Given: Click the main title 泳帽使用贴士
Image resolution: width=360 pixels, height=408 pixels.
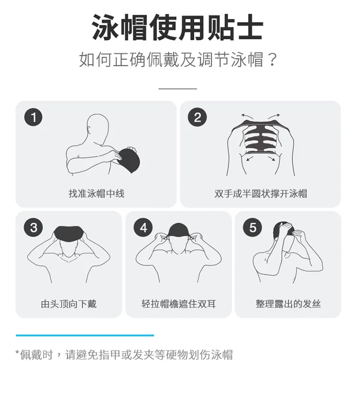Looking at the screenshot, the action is tap(178, 27).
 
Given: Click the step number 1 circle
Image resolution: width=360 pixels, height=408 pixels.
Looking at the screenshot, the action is tap(34, 117).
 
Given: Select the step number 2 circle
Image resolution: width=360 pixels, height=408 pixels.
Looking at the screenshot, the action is tap(197, 117).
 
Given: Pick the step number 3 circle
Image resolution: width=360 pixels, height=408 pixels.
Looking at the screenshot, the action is tap(34, 228).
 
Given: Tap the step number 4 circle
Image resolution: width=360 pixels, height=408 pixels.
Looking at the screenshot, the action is tap(144, 228).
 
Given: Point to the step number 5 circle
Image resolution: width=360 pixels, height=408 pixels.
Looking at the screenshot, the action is tap(252, 228).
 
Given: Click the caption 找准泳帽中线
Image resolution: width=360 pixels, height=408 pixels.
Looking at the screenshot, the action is tap(96, 193).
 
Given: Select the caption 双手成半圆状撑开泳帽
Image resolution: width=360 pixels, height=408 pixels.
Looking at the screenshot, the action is tap(261, 193).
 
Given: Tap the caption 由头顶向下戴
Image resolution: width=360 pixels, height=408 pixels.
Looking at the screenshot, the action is tap(69, 304).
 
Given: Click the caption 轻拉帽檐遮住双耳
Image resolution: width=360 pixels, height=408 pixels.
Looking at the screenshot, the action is tap(179, 304).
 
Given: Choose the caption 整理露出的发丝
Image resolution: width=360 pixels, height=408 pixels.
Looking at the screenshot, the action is tap(288, 304).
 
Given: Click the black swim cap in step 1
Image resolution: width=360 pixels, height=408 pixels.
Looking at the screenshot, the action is tap(129, 159).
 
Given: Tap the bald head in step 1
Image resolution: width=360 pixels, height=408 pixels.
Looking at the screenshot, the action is tap(97, 128).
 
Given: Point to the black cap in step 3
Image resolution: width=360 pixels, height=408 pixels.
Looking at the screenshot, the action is tap(69, 234).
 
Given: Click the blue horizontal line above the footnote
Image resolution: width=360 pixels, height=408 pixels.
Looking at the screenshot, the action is tap(85, 336).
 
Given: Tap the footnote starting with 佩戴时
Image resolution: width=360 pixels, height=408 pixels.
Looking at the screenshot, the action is tap(124, 355).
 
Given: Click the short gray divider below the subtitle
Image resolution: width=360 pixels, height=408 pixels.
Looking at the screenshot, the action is tap(178, 89).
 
